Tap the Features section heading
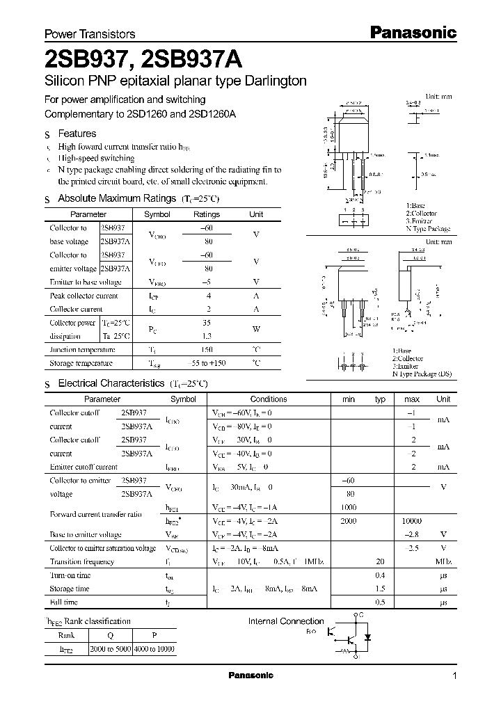point(77,134)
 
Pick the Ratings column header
point(206,215)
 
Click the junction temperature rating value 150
point(206,350)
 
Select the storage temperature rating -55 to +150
point(206,363)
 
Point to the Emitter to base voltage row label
point(86,282)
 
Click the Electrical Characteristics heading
point(111,383)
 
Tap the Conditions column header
point(269,399)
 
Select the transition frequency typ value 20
point(380,561)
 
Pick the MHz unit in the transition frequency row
point(443,561)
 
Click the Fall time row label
point(64,602)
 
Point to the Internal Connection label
point(286,621)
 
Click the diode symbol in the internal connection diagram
point(369,637)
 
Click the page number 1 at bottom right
point(455,676)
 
